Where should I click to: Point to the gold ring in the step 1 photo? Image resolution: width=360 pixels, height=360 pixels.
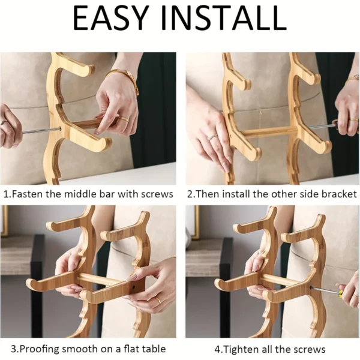click(x=124, y=119)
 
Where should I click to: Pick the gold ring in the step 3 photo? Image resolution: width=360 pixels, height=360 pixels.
click(x=157, y=298)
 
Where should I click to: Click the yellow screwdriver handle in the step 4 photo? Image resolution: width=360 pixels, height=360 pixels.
click(x=339, y=293)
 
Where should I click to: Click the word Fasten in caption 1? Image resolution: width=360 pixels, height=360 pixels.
click(x=30, y=194)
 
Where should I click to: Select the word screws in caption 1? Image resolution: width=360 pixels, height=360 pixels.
click(x=157, y=194)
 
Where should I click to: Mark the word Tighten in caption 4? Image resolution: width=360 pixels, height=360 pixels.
click(x=242, y=349)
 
